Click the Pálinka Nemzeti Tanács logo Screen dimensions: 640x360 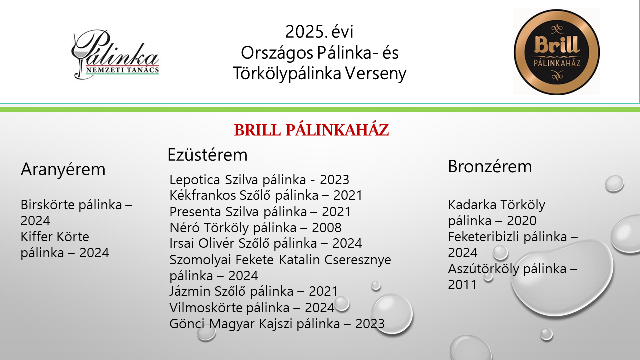point(115,54)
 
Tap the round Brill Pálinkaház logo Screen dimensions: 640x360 point(557,52)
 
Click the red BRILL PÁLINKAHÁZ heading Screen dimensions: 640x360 point(311,130)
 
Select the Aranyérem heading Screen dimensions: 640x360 point(63,169)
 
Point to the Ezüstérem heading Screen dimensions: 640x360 point(207,155)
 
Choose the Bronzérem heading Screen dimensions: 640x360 point(490,166)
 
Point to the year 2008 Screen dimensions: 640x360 point(326,228)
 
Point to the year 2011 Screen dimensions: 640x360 point(462,285)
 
